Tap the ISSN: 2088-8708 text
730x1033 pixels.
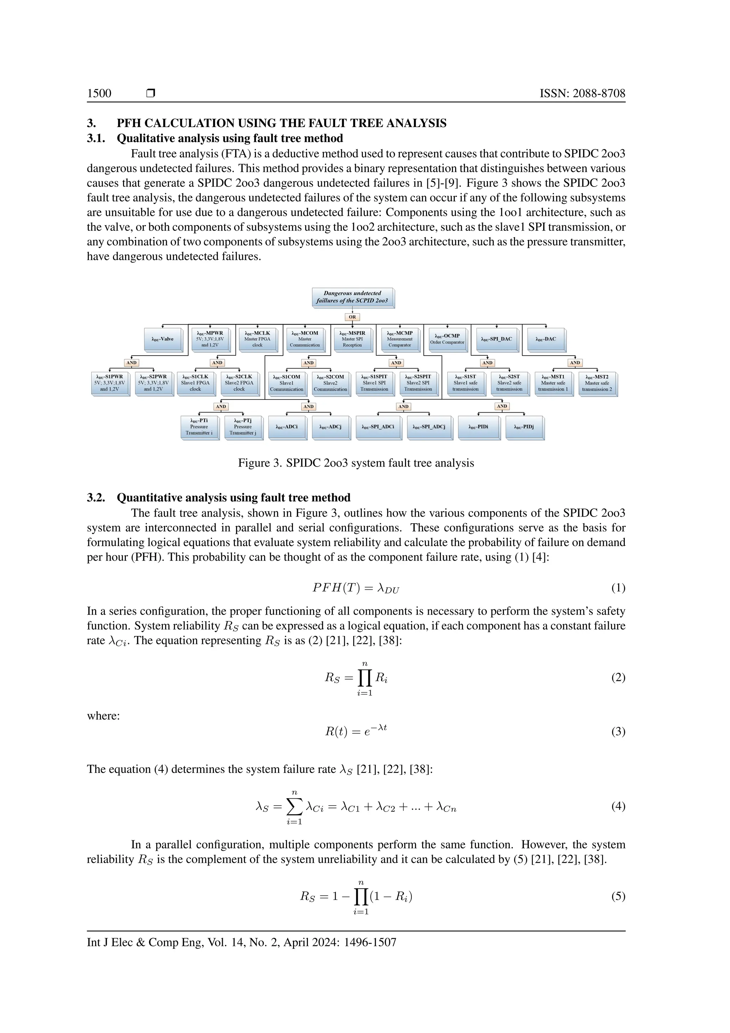click(582, 93)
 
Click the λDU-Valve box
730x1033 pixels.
click(163, 339)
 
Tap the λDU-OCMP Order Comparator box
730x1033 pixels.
click(447, 339)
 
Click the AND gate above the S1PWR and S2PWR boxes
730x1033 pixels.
click(131, 363)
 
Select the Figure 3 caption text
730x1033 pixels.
click(356, 463)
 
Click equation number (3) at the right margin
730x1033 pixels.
click(618, 732)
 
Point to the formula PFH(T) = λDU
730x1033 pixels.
click(356, 588)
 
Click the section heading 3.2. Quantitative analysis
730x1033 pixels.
click(219, 498)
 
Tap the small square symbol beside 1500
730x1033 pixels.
click(150, 93)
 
